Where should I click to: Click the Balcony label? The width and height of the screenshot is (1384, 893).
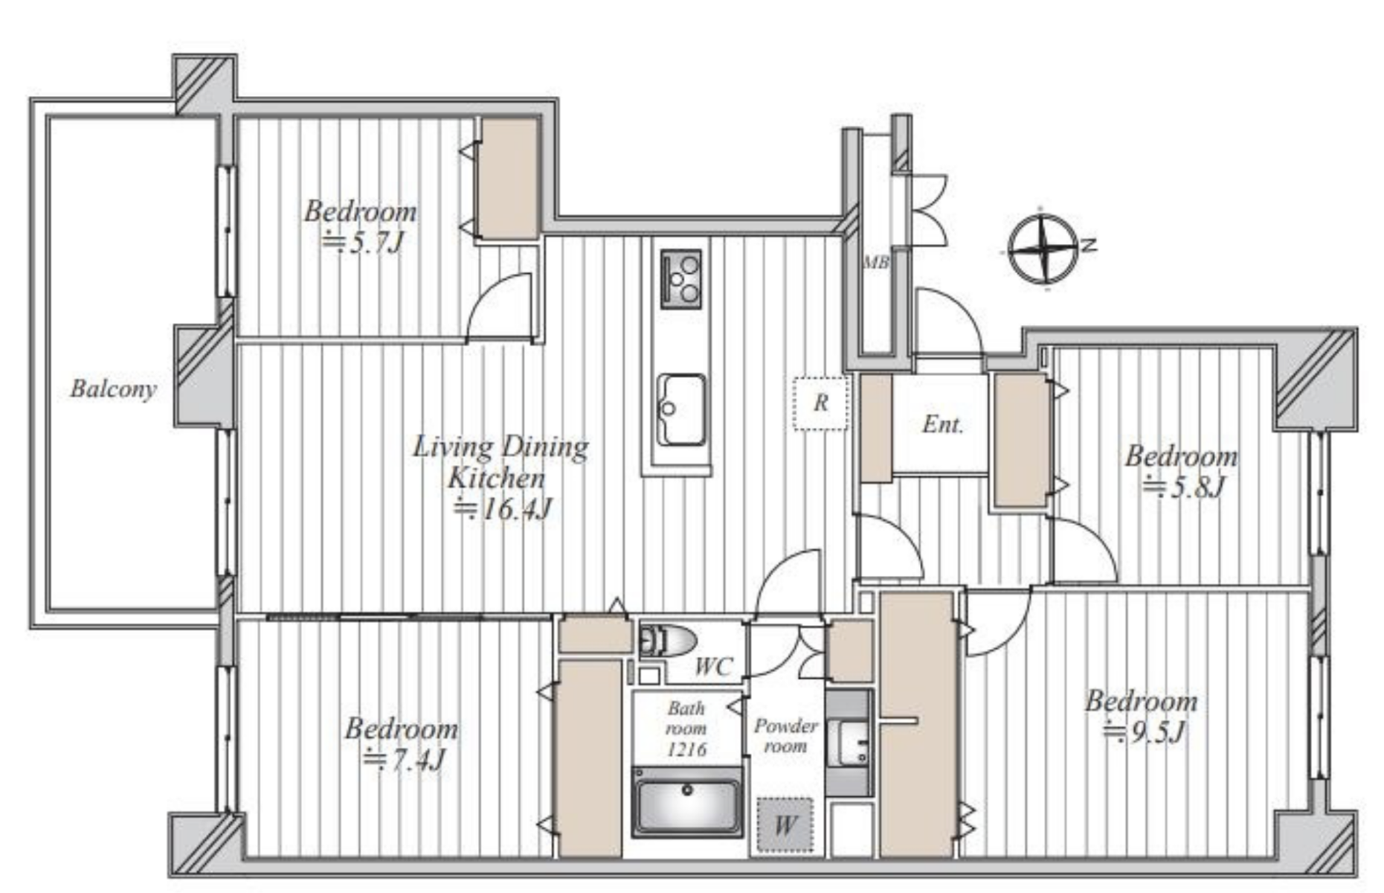click(113, 388)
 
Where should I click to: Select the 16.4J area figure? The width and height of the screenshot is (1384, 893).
click(503, 509)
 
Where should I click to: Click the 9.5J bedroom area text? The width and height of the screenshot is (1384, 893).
click(1144, 733)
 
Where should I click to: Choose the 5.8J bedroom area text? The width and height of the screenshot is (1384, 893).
click(1183, 487)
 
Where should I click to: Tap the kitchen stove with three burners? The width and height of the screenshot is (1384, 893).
click(680, 279)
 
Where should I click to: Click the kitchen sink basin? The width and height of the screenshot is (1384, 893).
click(680, 409)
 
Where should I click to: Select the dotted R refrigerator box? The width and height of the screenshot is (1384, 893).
click(820, 403)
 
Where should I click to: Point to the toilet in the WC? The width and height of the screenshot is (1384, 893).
click(667, 640)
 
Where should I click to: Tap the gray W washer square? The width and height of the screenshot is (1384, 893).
click(785, 825)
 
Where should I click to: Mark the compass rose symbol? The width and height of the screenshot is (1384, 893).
click(1043, 249)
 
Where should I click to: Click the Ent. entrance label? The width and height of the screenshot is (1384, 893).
click(942, 424)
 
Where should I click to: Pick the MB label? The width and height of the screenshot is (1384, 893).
click(875, 262)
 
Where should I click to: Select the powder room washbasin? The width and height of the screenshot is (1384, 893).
click(848, 743)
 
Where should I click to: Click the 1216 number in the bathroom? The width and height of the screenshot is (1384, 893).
click(686, 749)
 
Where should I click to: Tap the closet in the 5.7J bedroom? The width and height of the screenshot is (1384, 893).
click(509, 179)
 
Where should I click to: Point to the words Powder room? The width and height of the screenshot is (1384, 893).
click(785, 735)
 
